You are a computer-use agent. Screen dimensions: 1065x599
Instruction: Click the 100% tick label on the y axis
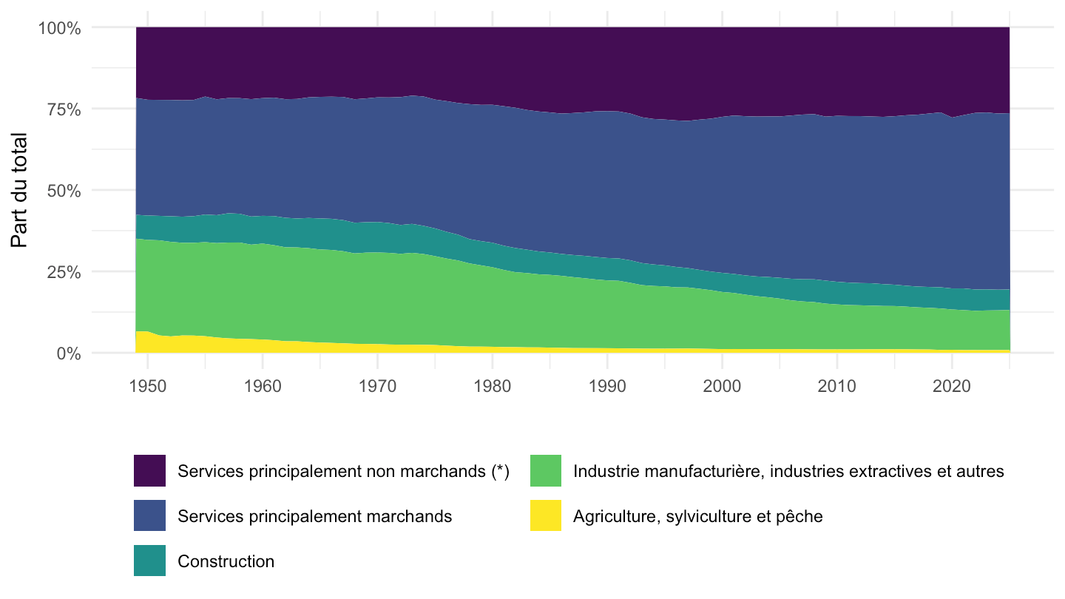(x=59, y=29)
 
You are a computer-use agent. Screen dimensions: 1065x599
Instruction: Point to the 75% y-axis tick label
(x=64, y=109)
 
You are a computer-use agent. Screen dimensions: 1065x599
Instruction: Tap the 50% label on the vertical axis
(x=64, y=191)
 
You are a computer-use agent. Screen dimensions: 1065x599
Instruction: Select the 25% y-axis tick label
(x=64, y=272)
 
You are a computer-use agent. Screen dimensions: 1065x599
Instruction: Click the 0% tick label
(x=69, y=353)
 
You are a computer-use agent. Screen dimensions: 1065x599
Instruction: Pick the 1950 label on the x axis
(x=148, y=386)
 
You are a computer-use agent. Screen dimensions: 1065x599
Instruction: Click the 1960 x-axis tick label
(x=263, y=386)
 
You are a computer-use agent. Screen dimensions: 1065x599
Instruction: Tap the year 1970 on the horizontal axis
(x=377, y=386)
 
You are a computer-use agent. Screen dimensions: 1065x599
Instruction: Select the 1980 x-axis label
(x=492, y=386)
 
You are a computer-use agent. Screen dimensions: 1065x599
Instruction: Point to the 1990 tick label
(x=607, y=386)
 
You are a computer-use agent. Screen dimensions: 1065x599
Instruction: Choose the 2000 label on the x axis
(x=722, y=386)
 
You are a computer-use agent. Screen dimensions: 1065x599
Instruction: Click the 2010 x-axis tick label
(x=836, y=386)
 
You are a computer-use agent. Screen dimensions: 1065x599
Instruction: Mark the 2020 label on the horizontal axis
(x=951, y=386)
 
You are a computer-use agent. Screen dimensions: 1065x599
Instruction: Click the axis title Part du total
(x=19, y=190)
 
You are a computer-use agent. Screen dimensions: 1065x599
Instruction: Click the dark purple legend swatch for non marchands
(x=149, y=470)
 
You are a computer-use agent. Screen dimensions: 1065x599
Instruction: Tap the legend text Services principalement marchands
(x=315, y=516)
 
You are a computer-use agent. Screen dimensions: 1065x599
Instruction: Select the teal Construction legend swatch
(x=149, y=561)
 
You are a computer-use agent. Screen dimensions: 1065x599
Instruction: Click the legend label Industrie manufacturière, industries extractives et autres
(x=788, y=471)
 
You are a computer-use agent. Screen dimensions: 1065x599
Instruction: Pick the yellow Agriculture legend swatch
(x=546, y=515)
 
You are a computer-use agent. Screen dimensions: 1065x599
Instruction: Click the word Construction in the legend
(x=226, y=561)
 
